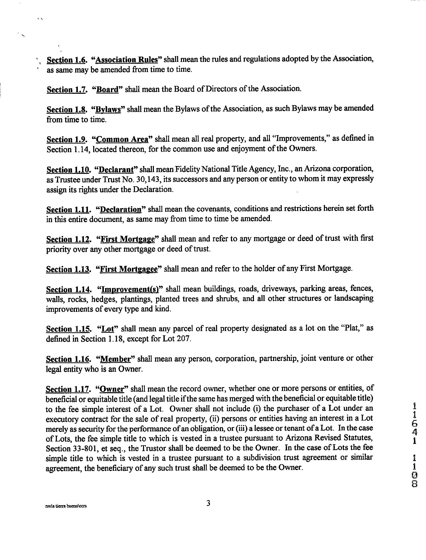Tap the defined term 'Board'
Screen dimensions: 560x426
coord(108,89)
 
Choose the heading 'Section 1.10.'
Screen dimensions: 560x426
coord(68,169)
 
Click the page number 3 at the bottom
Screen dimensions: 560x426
coord(208,503)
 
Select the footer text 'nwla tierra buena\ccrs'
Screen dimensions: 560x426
coord(66,506)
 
